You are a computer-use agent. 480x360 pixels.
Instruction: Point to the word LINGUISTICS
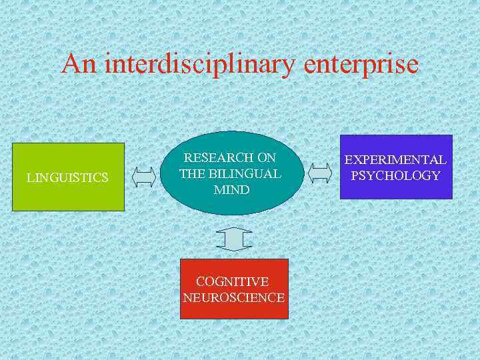tap(67, 177)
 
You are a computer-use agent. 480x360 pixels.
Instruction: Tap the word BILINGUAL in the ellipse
tap(245, 174)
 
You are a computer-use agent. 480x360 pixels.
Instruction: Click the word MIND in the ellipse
tap(231, 190)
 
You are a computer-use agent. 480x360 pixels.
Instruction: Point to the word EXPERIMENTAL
tap(395, 160)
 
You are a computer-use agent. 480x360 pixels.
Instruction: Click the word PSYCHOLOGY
tap(396, 176)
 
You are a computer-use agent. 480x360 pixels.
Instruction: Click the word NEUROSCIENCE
tap(234, 297)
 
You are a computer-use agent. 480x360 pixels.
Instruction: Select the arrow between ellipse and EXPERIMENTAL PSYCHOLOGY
tap(321, 173)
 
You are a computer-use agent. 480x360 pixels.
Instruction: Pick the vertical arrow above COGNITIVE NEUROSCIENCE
tap(234, 239)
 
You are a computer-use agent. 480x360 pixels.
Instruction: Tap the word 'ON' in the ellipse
tap(267, 158)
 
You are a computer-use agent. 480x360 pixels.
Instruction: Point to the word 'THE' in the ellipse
tap(191, 174)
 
